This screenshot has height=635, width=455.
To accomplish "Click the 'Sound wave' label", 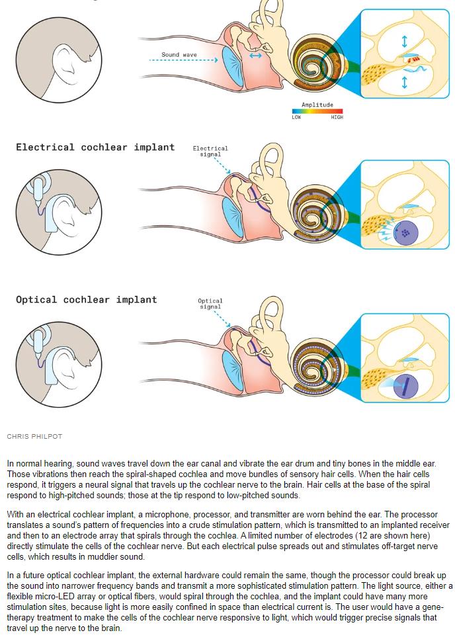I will click(179, 55).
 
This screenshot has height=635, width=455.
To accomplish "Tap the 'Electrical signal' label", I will click(210, 151).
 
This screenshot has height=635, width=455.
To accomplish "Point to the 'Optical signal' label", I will click(210, 304).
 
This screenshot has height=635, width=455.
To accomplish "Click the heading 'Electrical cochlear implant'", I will click(95, 147).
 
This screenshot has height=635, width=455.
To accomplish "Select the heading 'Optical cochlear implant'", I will click(87, 299).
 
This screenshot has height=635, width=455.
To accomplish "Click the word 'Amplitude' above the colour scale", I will click(317, 105).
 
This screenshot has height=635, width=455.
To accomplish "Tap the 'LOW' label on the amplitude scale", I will click(296, 118).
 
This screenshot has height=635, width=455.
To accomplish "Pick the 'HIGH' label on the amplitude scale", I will click(337, 118).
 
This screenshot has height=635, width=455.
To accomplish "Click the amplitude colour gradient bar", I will click(317, 112).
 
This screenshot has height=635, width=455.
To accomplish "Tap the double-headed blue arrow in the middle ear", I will click(255, 56).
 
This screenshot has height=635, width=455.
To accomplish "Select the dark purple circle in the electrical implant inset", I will click(406, 233).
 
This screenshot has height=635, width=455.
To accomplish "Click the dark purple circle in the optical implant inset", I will click(405, 385).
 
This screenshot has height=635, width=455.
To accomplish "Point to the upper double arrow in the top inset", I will click(405, 42).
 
